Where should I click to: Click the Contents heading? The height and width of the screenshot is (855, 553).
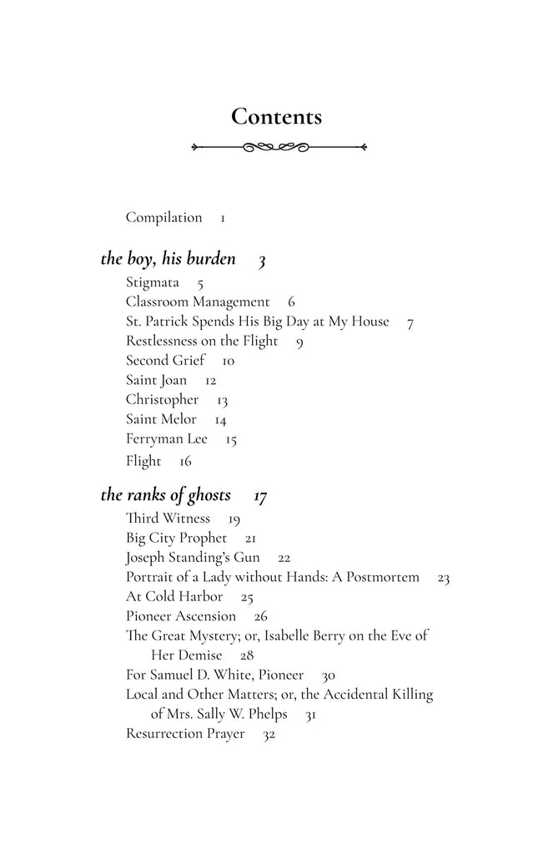(276, 117)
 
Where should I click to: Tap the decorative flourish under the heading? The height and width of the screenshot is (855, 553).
(278, 147)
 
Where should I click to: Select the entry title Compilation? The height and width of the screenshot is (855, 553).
(163, 218)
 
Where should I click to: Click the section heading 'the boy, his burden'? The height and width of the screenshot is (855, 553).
(168, 259)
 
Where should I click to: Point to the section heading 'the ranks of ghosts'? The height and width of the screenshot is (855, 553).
(165, 495)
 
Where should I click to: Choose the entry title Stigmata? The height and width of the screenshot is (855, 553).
(152, 282)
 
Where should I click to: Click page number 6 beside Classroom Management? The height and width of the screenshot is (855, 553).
(291, 302)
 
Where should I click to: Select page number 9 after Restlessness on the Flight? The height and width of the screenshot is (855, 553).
(299, 341)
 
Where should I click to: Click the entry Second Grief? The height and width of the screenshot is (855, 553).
(165, 361)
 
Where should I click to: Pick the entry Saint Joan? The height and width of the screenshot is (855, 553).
(156, 380)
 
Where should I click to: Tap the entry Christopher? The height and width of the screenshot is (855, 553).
(162, 400)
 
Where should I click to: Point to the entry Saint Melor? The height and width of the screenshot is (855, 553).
(161, 419)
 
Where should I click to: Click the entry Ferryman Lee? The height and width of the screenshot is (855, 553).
(166, 438)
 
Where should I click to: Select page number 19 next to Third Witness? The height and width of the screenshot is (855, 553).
(234, 519)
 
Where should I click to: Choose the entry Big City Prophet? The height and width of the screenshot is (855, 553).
(176, 538)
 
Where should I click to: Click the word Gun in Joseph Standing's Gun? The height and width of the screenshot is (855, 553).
(247, 557)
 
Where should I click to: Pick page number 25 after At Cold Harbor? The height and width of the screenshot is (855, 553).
(247, 597)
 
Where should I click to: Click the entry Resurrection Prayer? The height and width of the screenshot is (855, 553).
(185, 734)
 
